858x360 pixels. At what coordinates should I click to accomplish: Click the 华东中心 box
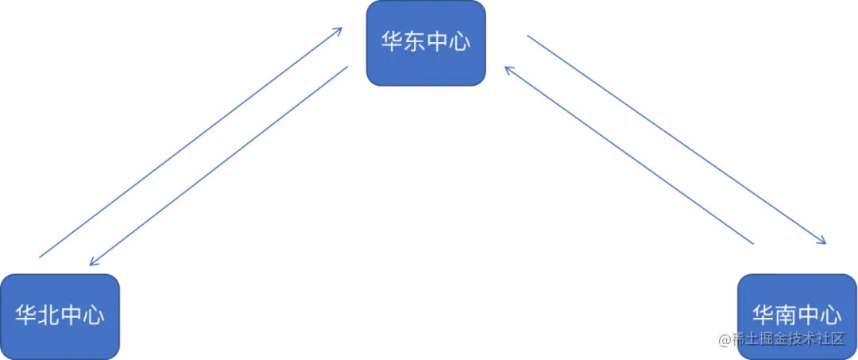tap(426, 43)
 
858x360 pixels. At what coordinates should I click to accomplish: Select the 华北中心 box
tap(60, 315)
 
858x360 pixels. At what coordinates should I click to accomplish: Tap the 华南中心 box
tap(797, 315)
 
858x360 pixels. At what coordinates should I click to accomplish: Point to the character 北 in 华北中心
tap(48, 315)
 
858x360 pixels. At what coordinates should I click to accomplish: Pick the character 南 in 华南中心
tap(786, 315)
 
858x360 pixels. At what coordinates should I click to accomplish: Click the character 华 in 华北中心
tap(26, 315)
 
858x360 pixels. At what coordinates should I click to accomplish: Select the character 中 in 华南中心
tap(808, 315)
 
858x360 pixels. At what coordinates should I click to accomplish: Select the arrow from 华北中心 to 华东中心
tap(191, 143)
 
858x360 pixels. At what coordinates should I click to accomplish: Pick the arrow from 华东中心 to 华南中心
tap(675, 139)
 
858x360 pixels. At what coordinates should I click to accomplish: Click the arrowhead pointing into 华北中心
tap(91, 262)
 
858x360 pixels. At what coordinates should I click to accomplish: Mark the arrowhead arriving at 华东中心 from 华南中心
tap(508, 70)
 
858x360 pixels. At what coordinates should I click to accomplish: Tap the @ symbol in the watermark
tap(724, 339)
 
